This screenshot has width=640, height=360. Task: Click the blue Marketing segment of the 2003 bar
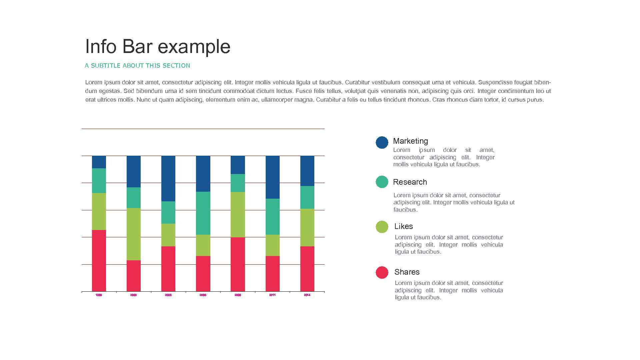[168, 178]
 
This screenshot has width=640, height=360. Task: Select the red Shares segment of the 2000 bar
[133, 276]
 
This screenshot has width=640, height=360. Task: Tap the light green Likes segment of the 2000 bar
[133, 234]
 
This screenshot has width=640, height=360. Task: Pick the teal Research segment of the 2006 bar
[203, 213]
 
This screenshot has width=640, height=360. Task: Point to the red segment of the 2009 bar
[238, 264]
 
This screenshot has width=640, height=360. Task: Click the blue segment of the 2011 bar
[272, 177]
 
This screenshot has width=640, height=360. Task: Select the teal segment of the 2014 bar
[307, 197]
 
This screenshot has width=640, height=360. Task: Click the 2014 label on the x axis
[307, 295]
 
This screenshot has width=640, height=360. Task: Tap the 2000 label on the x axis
[133, 295]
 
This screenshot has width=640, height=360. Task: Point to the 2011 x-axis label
[272, 295]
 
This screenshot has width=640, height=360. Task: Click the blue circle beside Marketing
[382, 142]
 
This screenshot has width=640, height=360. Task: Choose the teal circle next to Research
[382, 182]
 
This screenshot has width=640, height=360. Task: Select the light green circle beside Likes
[382, 227]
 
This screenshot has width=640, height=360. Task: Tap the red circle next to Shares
[382, 272]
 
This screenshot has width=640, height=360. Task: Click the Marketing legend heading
[410, 141]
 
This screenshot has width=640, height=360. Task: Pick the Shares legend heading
[407, 272]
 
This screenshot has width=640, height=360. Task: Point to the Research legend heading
[410, 182]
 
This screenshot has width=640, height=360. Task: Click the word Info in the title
[101, 46]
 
